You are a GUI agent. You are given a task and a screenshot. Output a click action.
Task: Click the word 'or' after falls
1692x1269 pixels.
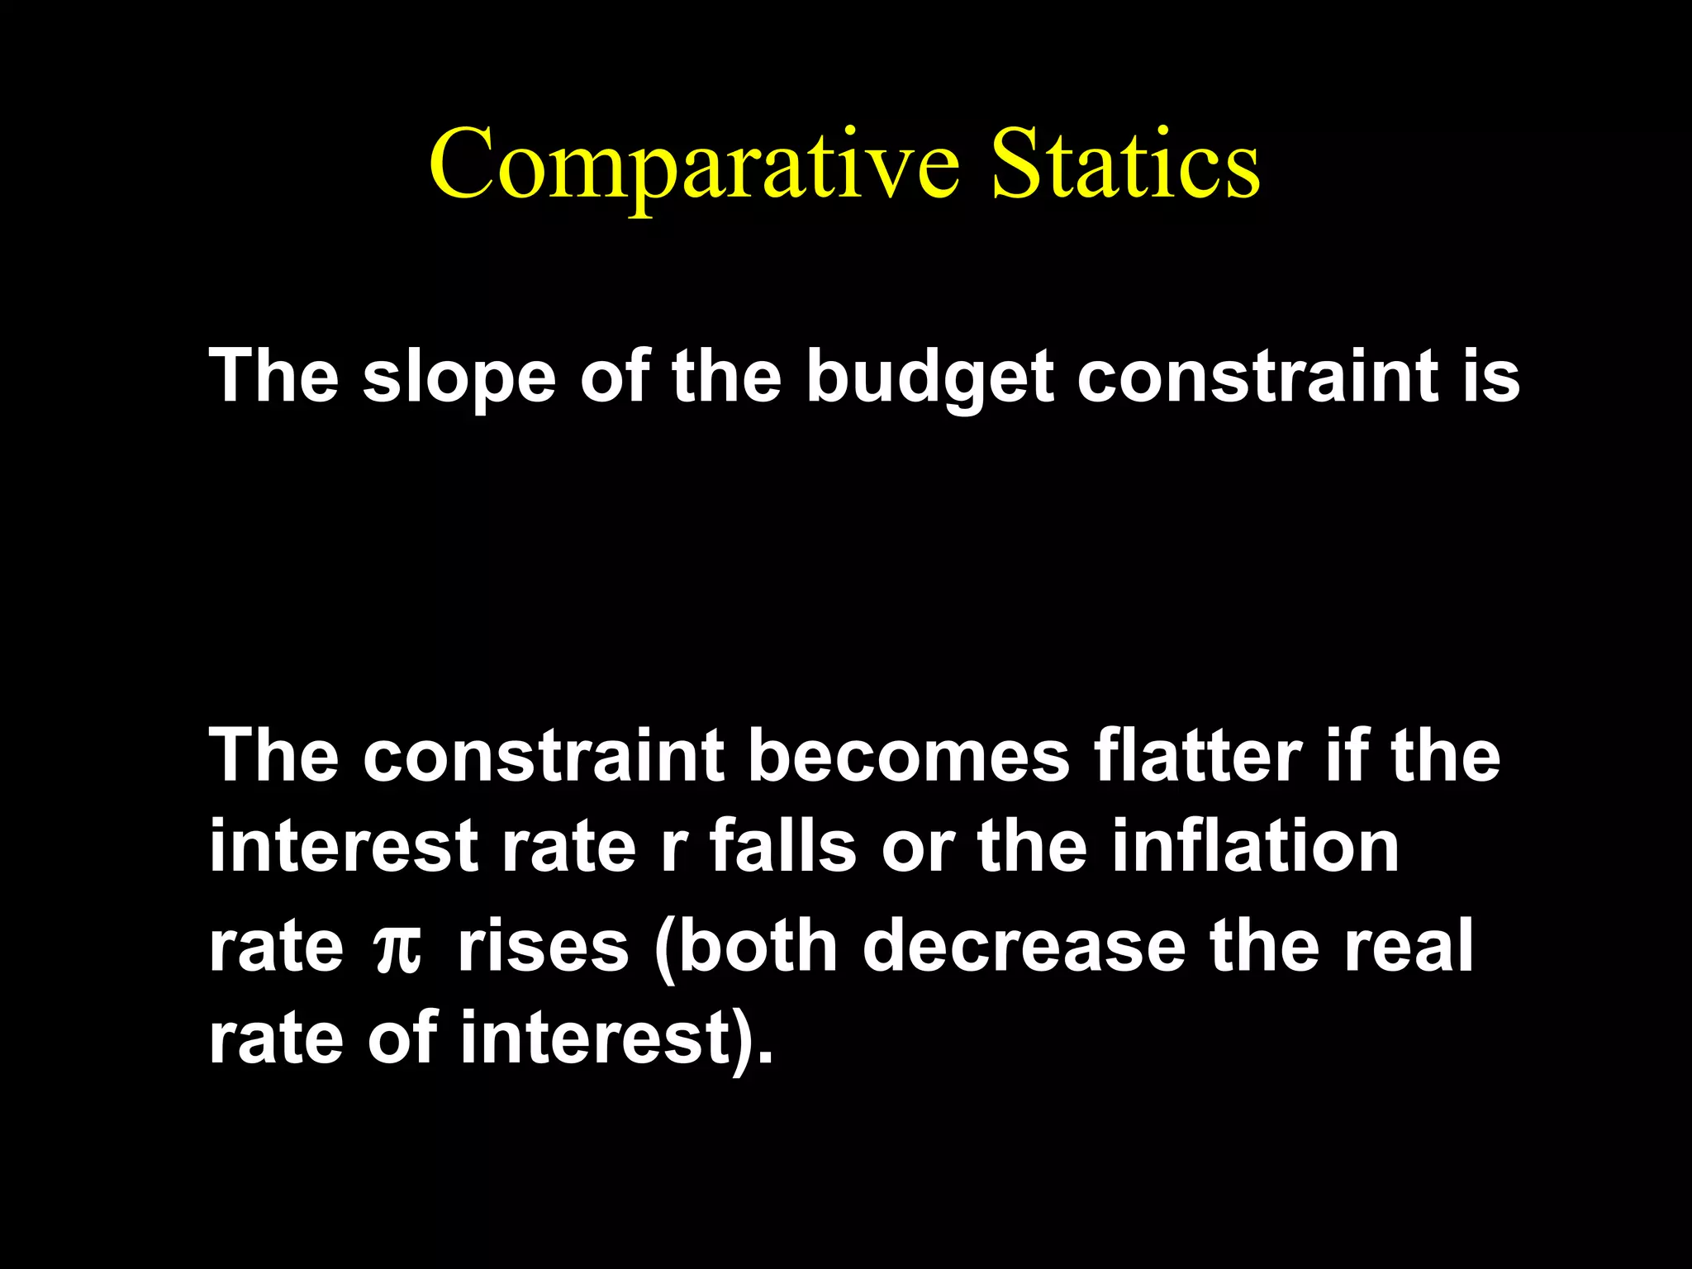click(x=917, y=848)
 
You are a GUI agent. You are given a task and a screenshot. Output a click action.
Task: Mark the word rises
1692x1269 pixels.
click(x=543, y=945)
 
